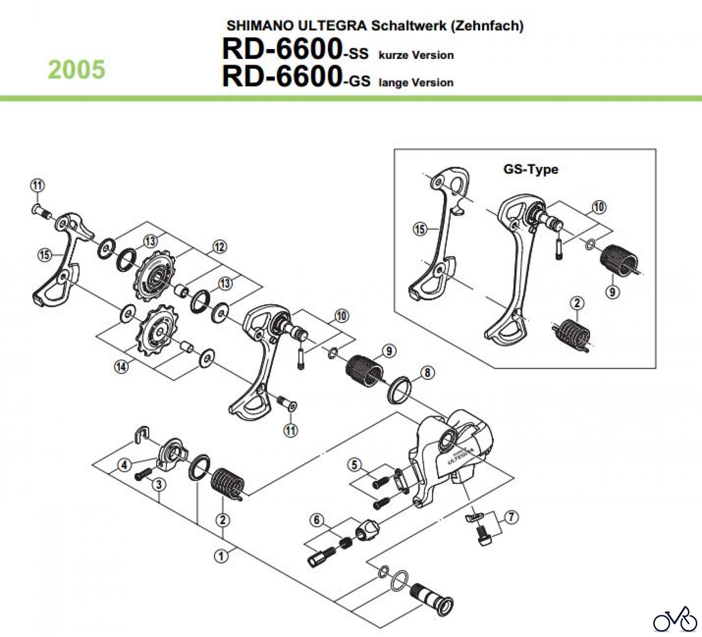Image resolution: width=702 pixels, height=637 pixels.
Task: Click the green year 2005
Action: click(76, 70)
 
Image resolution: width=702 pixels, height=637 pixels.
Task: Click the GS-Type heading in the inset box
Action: click(530, 169)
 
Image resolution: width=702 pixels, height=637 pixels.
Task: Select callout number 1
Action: click(222, 556)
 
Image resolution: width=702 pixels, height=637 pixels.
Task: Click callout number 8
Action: click(427, 373)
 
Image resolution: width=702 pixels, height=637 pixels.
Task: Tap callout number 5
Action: click(354, 465)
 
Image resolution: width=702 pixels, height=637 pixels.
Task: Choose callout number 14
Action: click(122, 367)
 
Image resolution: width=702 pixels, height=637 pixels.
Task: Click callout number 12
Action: click(219, 247)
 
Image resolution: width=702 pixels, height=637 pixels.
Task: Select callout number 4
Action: click(124, 465)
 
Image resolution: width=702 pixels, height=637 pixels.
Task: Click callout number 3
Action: click(159, 485)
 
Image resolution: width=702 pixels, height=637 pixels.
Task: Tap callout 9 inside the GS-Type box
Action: click(612, 292)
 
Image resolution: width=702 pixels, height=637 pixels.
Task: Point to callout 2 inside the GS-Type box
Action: click(577, 303)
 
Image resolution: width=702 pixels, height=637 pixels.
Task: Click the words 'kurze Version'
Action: click(416, 55)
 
